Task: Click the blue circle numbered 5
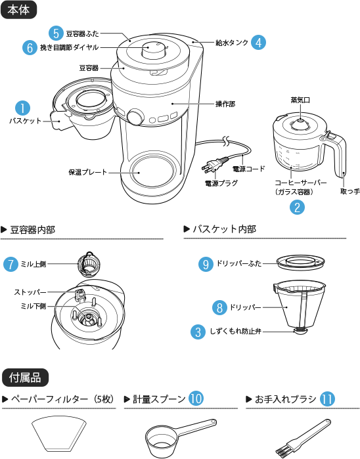[x=56, y=33]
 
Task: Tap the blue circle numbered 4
[x=259, y=42]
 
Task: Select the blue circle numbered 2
[x=297, y=207]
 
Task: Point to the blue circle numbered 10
[x=196, y=399]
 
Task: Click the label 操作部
[x=225, y=104]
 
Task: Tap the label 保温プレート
[x=88, y=172]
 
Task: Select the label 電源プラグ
[x=221, y=183]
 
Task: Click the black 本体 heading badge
[x=19, y=10]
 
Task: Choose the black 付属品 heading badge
[x=25, y=378]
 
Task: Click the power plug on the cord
[x=214, y=164]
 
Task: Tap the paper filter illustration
[x=59, y=433]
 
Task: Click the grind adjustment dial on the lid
[x=154, y=51]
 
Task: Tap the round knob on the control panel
[x=135, y=117]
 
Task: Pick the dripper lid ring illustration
[x=301, y=261]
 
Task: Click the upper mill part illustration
[x=89, y=264]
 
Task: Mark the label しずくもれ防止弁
[x=235, y=332]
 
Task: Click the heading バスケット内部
[x=224, y=229]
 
